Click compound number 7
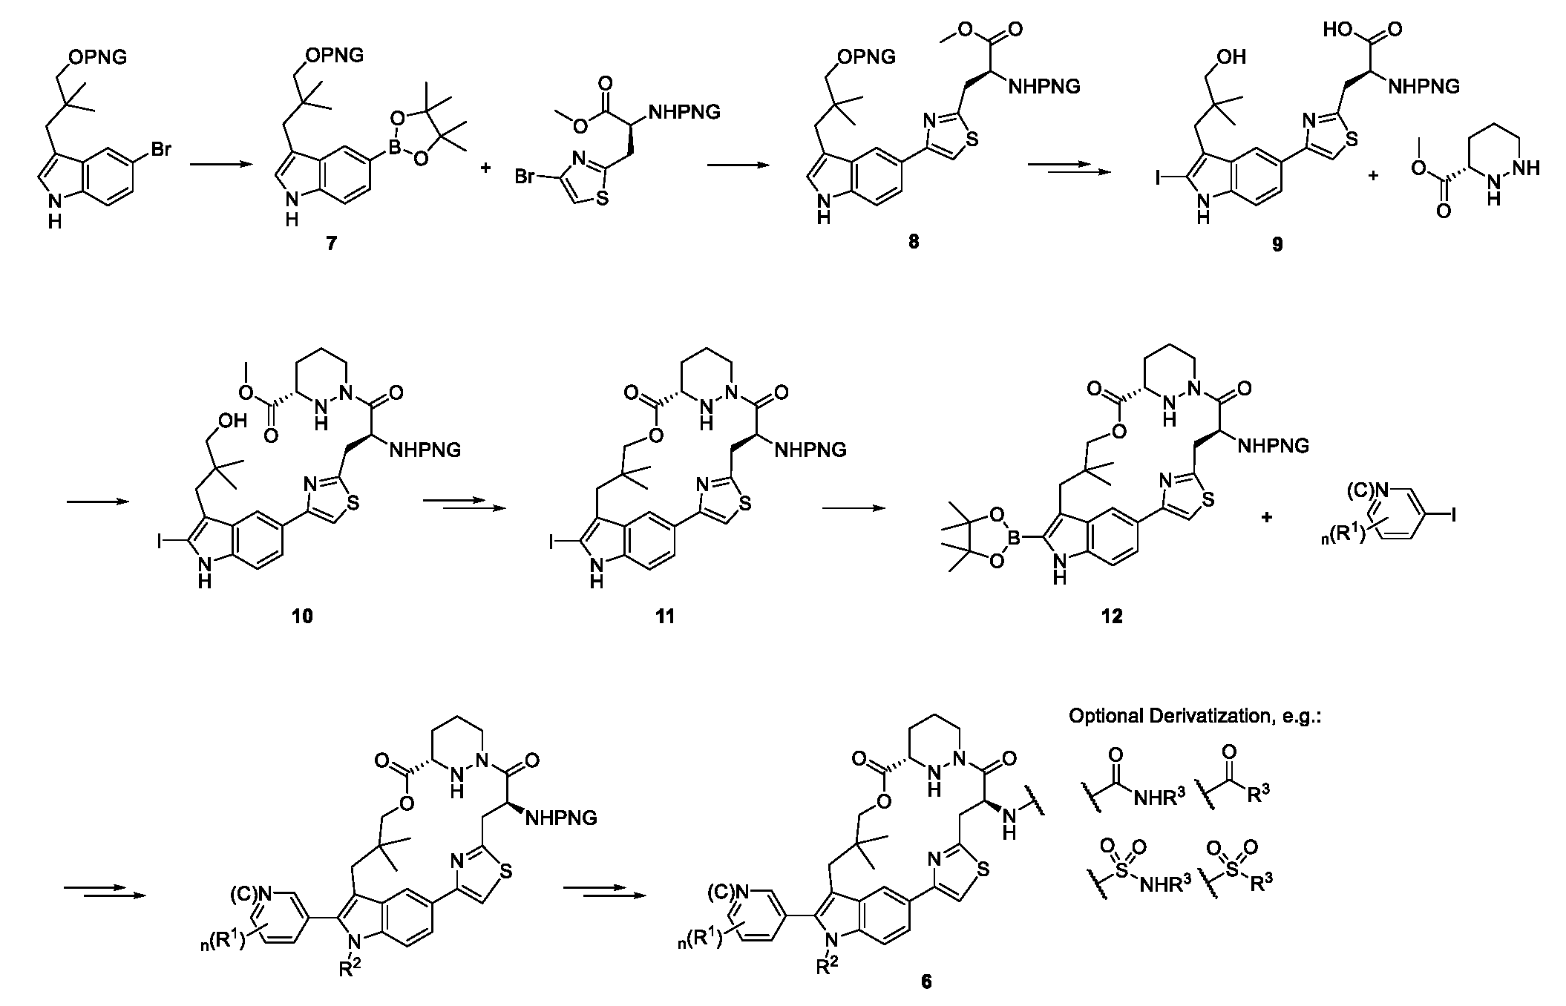331,243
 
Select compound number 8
913,242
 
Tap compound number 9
1277,243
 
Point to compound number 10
303,616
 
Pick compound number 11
665,616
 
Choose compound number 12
1113,616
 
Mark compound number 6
926,982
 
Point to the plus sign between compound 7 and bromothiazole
486,169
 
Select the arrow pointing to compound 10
97,502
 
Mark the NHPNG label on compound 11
810,450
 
